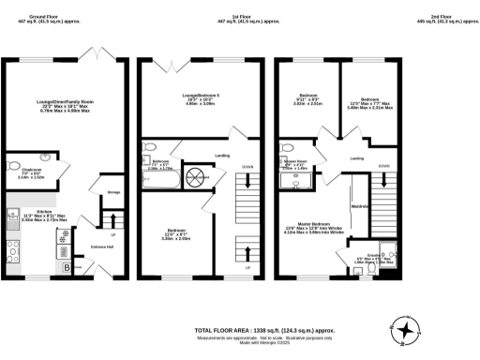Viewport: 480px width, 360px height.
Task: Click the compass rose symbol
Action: [407, 329]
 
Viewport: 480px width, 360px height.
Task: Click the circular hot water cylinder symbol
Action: [198, 176]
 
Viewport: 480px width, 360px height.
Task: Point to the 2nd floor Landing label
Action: [356, 158]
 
